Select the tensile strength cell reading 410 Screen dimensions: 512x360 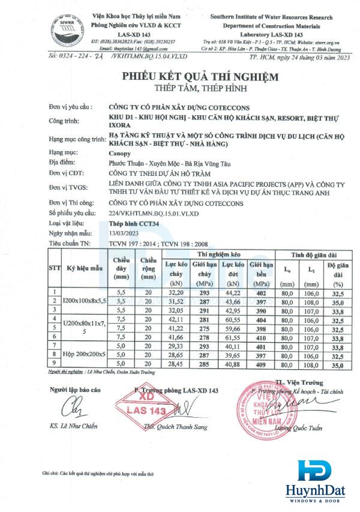(x=244, y=339)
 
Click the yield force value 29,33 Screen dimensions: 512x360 (x=158, y=347)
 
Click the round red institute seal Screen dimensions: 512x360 (x=263, y=409)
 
